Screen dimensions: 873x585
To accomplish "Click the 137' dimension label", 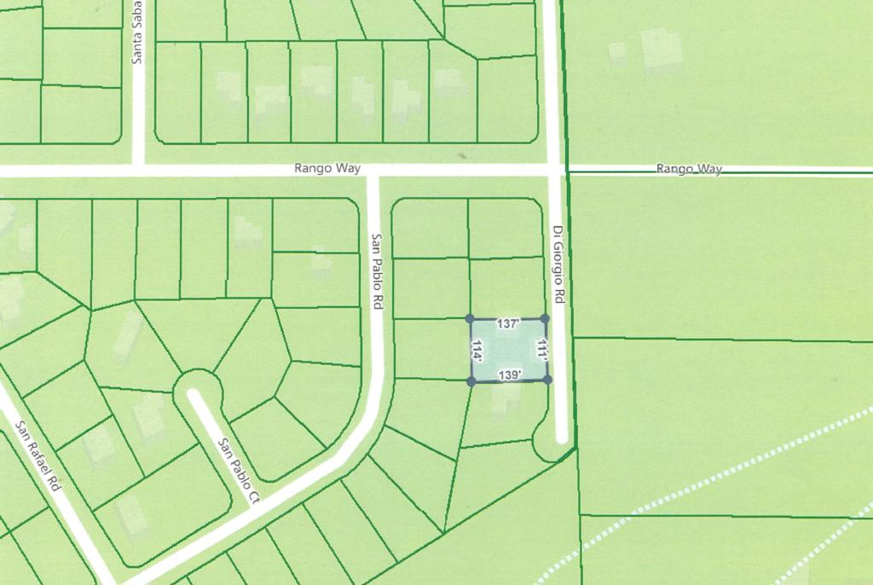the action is click(x=508, y=324).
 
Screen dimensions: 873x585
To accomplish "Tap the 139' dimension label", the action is click(x=510, y=375).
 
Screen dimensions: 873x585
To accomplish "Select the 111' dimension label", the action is click(x=541, y=349).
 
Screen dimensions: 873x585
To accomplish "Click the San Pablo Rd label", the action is click(x=377, y=271).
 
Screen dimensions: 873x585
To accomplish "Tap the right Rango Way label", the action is click(x=689, y=169).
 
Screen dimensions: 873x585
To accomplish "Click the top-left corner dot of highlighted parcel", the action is click(x=471, y=319).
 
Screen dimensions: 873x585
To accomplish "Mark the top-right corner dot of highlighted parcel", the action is click(x=545, y=318).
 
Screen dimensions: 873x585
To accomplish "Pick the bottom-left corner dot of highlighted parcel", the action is click(x=471, y=381).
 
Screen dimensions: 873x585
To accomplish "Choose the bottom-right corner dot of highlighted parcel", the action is click(x=546, y=379).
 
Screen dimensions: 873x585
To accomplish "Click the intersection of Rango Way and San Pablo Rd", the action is click(x=372, y=171).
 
